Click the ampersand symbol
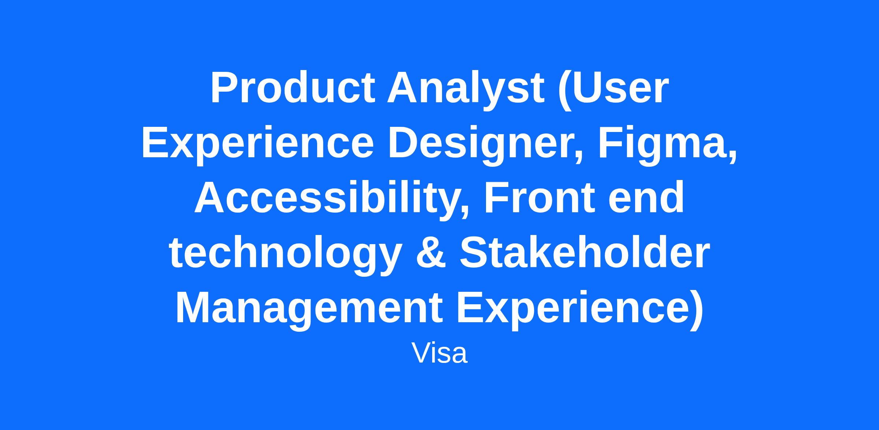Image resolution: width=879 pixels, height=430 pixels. pos(431,253)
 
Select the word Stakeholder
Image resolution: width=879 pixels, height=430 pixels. pos(585,253)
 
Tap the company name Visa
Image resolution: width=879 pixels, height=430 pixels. pos(439,353)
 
